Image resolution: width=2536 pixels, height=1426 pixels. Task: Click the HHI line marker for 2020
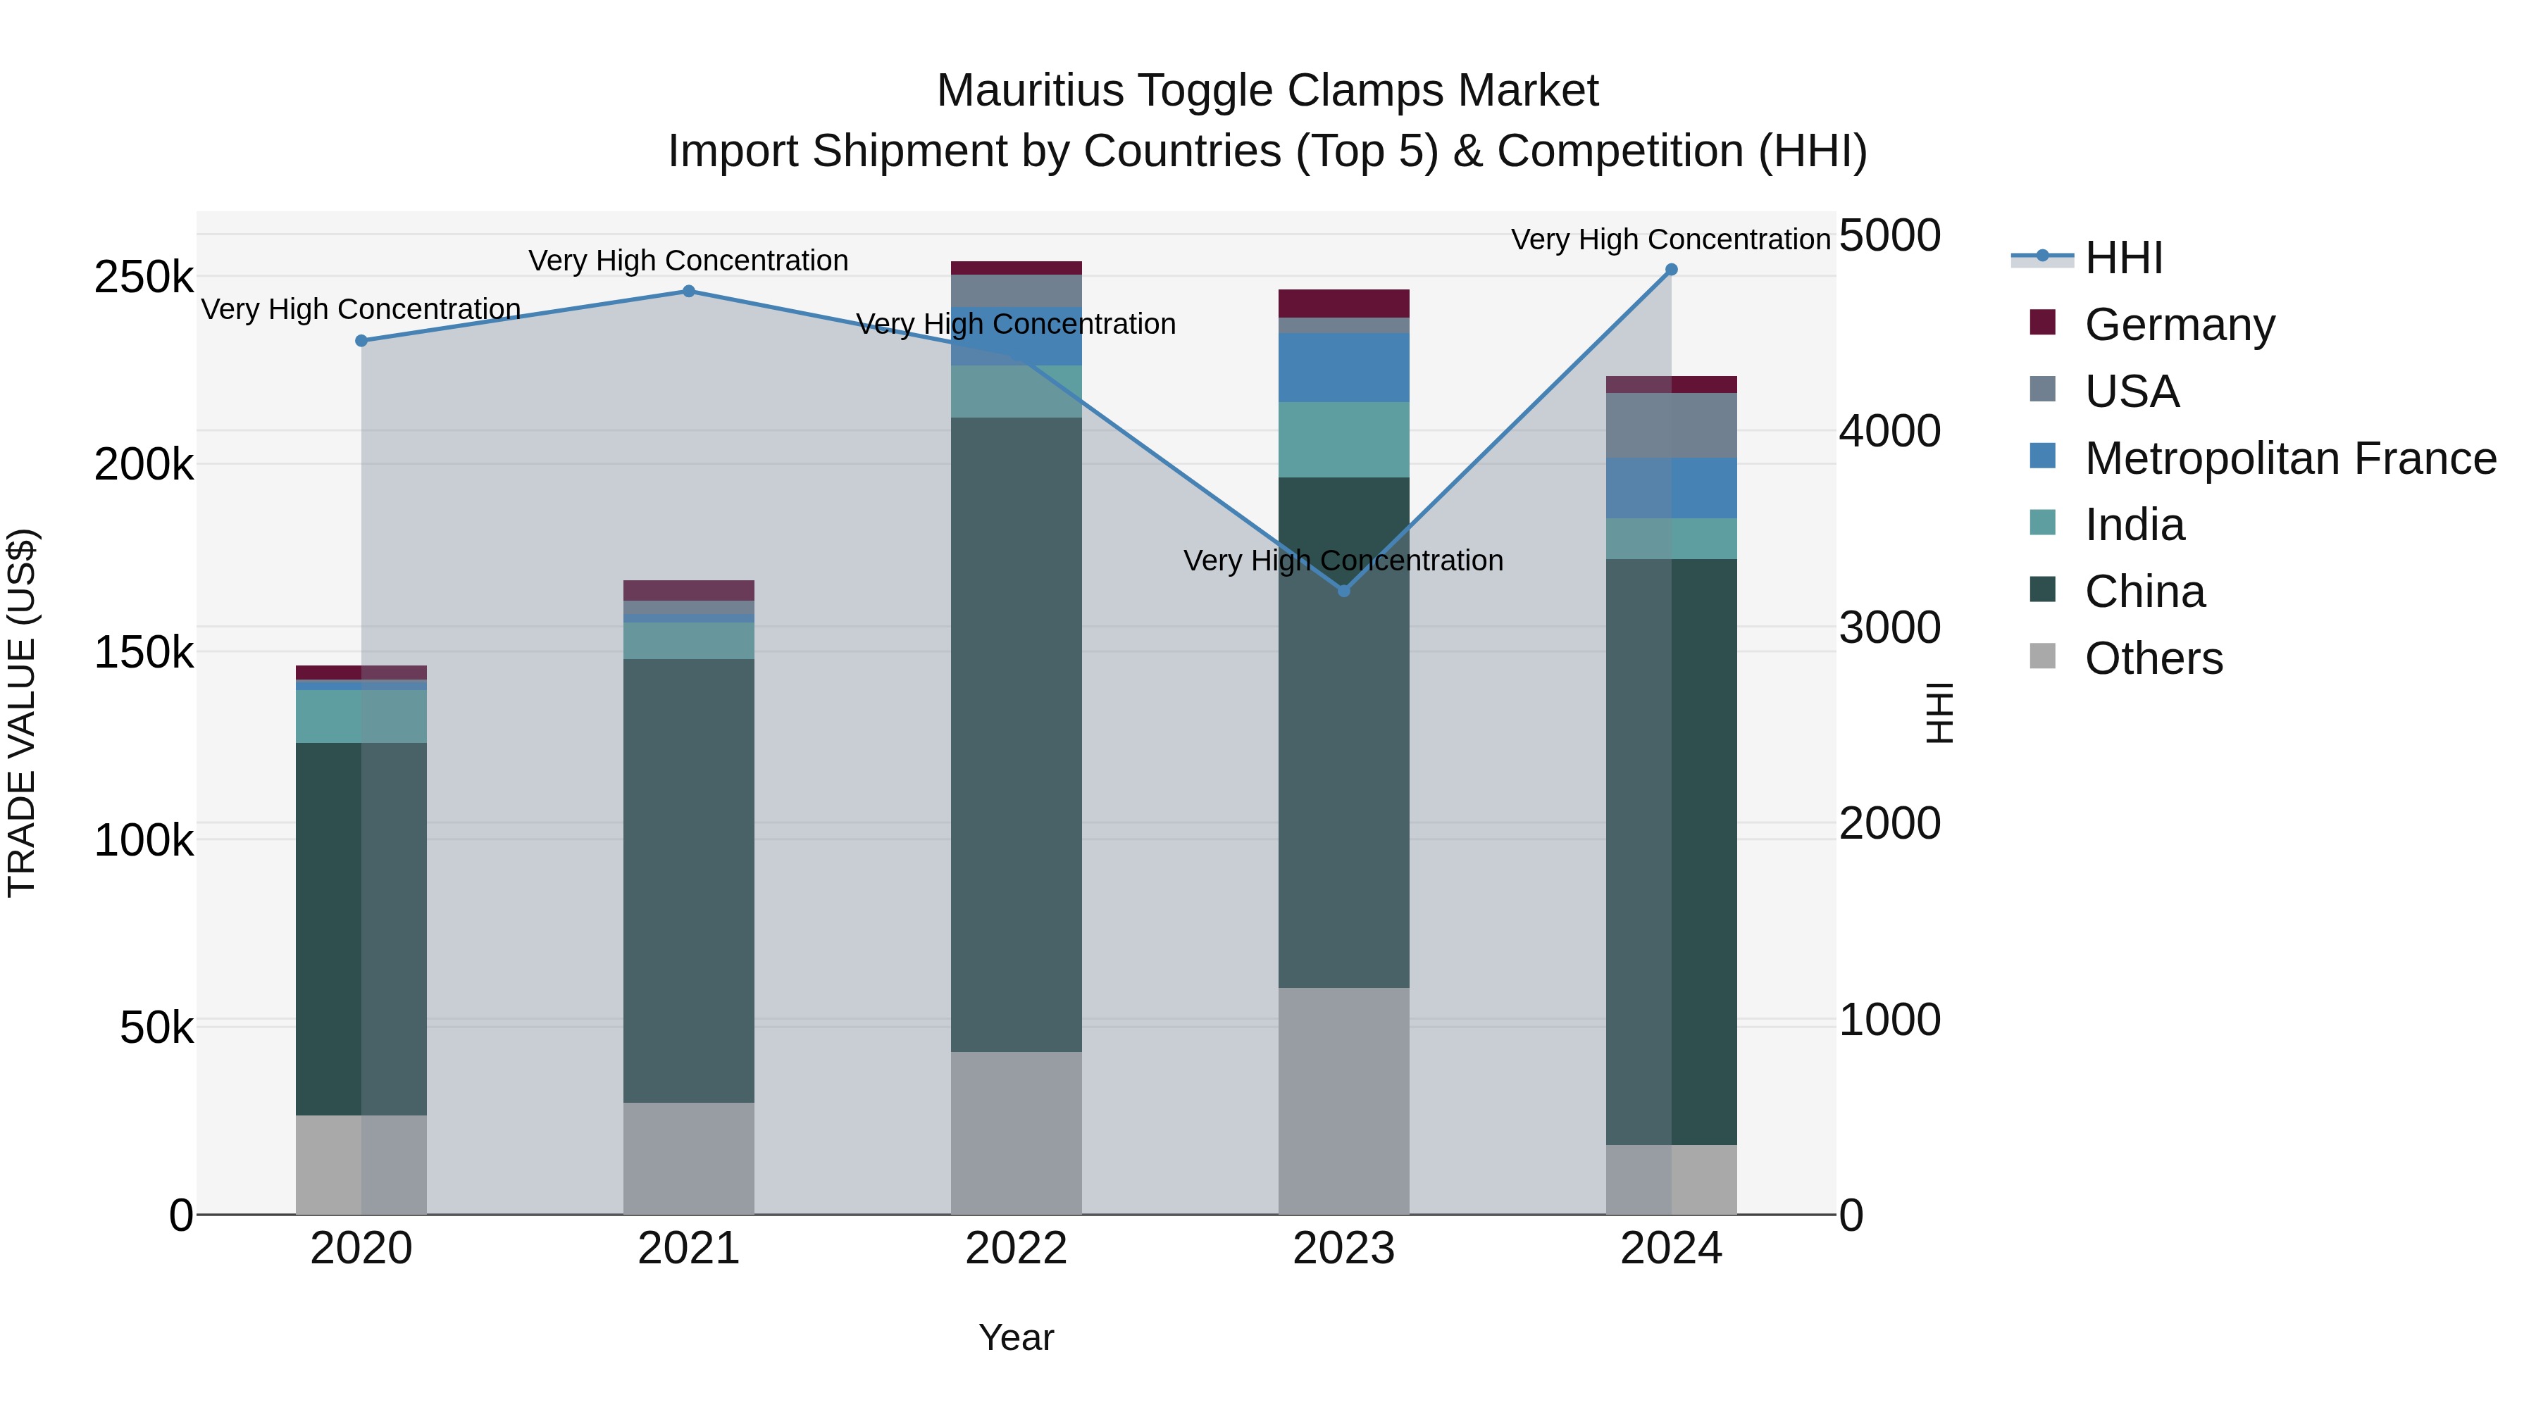coord(361,341)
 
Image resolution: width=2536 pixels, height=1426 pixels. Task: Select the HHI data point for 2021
coord(689,292)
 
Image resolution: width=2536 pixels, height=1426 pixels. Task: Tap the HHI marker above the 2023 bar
coord(1344,591)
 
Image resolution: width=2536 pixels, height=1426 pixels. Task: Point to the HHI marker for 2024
coord(1672,270)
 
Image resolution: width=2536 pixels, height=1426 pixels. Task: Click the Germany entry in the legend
coord(2179,325)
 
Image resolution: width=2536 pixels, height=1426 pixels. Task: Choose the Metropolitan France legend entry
coord(2290,458)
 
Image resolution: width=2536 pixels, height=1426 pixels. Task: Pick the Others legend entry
coord(2153,658)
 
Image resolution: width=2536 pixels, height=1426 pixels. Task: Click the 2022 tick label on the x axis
coord(1016,1249)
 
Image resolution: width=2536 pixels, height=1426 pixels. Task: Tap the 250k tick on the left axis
coord(144,277)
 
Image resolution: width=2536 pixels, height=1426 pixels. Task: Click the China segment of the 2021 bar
coord(689,881)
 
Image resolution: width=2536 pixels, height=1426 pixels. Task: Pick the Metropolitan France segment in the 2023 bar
coord(1344,367)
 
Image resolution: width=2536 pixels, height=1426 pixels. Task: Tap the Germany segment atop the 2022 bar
coord(1016,268)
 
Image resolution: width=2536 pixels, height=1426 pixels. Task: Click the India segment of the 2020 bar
coord(361,716)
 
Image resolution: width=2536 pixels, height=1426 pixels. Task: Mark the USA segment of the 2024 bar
coord(1672,425)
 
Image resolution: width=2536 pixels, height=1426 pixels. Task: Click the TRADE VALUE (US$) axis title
coord(22,713)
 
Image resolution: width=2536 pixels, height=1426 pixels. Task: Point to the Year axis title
coord(1016,1337)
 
